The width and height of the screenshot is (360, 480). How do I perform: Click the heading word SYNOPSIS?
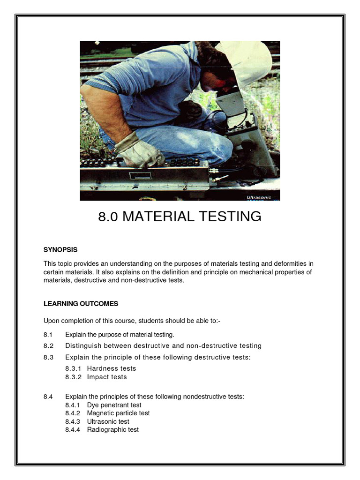point(60,250)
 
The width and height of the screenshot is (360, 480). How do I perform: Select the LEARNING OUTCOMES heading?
point(81,304)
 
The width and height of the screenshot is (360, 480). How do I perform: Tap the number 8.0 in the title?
point(108,217)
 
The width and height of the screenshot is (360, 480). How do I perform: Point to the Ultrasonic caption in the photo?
point(259,198)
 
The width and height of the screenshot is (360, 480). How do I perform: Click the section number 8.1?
point(48,334)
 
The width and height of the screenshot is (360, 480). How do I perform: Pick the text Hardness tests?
point(112,368)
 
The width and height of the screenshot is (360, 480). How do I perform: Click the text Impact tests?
point(107,377)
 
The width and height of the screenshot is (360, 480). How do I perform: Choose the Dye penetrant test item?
point(114,405)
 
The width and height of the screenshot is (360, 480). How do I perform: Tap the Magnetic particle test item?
point(118,413)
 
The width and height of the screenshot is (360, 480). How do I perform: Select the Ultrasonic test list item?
point(108,421)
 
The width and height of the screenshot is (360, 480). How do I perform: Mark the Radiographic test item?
point(112,429)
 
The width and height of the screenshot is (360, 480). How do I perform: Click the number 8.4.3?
point(73,421)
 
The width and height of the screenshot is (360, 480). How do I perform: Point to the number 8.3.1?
point(74,368)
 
